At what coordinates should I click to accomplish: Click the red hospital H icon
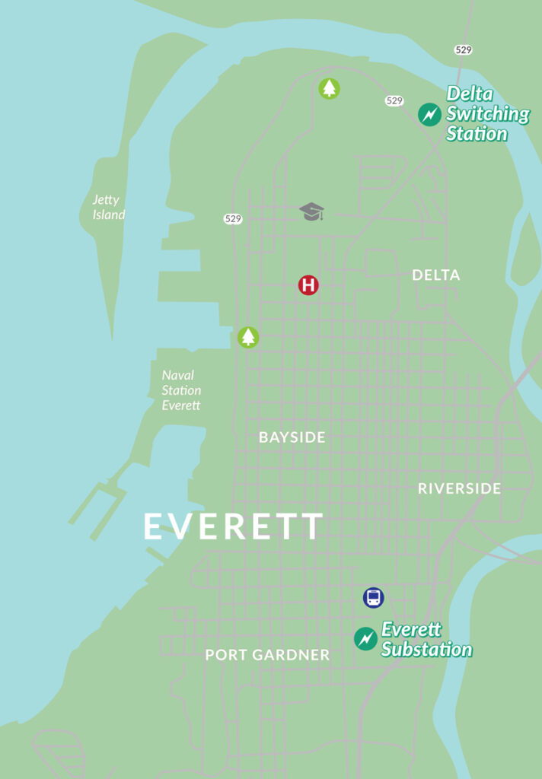308,285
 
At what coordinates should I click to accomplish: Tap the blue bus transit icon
373,597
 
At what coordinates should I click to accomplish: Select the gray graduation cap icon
311,211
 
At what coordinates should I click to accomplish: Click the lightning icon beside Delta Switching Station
429,115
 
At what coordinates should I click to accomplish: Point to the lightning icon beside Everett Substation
365,638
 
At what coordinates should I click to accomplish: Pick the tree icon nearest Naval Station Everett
248,336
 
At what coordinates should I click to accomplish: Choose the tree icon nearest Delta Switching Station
329,89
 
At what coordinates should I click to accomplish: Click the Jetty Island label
107,207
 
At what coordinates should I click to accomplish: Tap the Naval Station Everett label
181,390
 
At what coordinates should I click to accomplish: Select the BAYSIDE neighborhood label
292,437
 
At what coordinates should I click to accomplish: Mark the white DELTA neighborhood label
435,275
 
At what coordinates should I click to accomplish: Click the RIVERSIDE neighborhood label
459,488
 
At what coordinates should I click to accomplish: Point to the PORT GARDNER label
267,655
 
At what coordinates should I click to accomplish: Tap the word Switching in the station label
487,114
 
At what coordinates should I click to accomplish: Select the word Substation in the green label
426,650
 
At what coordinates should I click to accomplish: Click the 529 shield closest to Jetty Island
233,219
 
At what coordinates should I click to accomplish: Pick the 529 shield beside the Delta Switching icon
394,100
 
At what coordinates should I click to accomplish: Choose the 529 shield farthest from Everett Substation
463,49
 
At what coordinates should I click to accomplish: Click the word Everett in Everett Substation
411,629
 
